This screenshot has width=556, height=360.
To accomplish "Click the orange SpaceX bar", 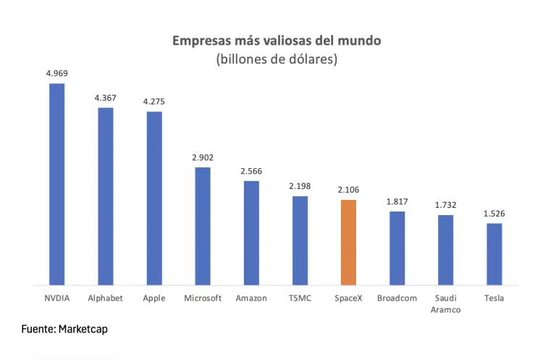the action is click(x=348, y=243).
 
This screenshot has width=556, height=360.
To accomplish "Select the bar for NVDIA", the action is click(x=56, y=185).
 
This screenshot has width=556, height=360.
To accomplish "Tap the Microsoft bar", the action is click(x=203, y=226).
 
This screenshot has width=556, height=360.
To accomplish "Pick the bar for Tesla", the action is click(x=494, y=254).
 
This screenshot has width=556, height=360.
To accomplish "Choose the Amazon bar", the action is click(x=251, y=233).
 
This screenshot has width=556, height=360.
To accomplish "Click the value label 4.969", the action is click(x=56, y=73).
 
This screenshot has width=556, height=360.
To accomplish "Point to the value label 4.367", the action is click(x=105, y=98).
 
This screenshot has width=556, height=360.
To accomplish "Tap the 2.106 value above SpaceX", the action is click(x=348, y=190).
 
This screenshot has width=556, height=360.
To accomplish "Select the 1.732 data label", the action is click(x=446, y=205).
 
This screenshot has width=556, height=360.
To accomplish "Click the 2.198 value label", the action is click(x=300, y=186).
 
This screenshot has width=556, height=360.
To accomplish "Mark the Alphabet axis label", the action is click(x=105, y=298).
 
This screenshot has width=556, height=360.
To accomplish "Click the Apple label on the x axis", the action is click(x=154, y=298).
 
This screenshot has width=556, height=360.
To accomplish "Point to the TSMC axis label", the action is click(x=300, y=298).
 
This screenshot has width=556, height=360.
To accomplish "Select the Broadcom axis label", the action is click(x=397, y=298).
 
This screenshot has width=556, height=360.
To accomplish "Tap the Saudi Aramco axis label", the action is click(x=446, y=304).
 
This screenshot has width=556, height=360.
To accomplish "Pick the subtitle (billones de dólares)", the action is click(x=277, y=59).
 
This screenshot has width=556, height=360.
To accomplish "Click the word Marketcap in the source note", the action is click(x=83, y=329).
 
